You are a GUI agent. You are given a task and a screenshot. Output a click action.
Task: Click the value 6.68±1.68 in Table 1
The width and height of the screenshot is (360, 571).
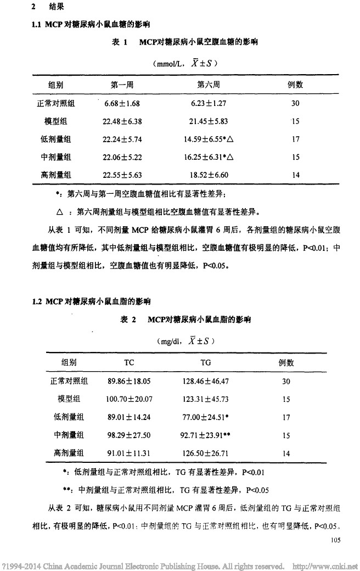click(x=122, y=103)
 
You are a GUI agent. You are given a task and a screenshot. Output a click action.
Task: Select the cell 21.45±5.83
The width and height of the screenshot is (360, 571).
click(x=209, y=121)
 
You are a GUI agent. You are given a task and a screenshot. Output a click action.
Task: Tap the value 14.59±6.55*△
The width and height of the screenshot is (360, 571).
click(x=209, y=139)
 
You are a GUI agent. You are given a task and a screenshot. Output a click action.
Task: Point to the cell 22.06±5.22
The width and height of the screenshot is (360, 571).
click(x=122, y=157)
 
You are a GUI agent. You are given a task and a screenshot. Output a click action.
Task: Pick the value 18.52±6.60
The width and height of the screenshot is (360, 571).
click(x=209, y=175)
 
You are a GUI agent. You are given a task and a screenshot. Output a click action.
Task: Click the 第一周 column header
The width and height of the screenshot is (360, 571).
click(x=122, y=85)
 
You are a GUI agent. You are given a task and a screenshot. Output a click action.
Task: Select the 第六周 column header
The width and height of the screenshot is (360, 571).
click(x=209, y=85)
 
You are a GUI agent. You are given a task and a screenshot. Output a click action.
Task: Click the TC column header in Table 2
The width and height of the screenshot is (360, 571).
click(x=130, y=363)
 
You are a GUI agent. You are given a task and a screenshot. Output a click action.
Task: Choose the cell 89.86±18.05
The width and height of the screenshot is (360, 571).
click(x=130, y=381)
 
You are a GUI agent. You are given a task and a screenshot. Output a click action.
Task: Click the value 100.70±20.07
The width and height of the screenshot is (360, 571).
click(x=130, y=399)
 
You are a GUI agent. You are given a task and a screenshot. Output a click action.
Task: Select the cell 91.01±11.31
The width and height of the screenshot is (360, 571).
click(x=130, y=454)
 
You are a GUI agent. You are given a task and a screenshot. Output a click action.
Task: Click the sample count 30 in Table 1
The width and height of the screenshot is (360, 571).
click(x=296, y=103)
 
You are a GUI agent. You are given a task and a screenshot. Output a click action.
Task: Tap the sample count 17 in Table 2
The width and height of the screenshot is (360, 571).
click(x=286, y=417)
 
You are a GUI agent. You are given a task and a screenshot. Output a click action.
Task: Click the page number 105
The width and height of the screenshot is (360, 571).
click(x=336, y=540)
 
